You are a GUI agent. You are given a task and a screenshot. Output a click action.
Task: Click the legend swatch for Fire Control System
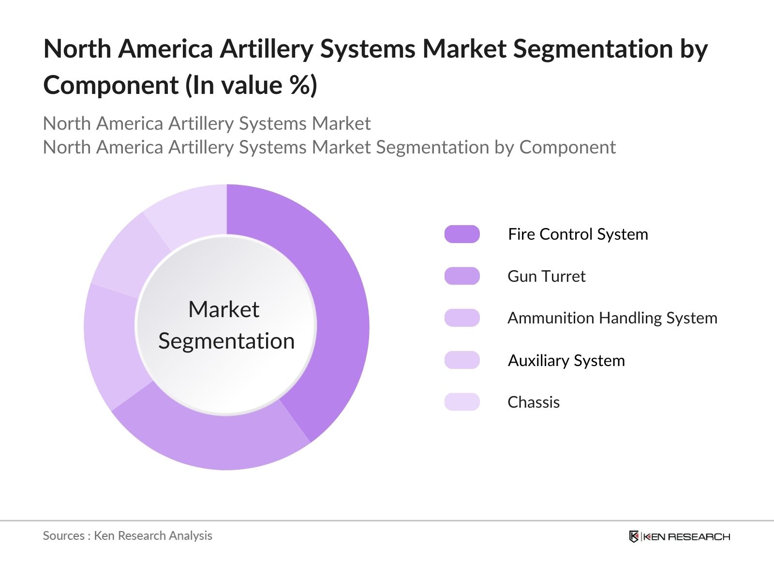click(x=462, y=234)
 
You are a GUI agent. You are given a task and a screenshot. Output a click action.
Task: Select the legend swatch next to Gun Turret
click(x=462, y=276)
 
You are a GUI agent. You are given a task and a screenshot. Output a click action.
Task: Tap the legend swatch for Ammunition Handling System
click(x=462, y=318)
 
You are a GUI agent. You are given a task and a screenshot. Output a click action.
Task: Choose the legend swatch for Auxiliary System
click(x=462, y=360)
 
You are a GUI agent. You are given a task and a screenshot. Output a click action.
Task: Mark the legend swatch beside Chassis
click(x=462, y=402)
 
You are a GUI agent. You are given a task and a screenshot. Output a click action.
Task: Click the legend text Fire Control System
click(x=578, y=234)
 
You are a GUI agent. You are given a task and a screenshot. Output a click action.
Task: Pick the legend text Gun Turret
click(x=546, y=276)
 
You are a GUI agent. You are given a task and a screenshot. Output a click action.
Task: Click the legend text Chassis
click(x=533, y=402)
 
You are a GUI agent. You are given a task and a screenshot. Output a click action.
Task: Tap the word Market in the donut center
click(x=223, y=309)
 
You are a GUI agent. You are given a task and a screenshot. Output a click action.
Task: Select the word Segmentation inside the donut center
click(x=226, y=341)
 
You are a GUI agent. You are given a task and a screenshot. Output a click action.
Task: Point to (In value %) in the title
click(x=251, y=86)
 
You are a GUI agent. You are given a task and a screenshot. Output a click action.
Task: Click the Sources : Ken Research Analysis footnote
click(x=128, y=535)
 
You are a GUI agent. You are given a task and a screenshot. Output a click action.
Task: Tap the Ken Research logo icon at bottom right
click(x=634, y=536)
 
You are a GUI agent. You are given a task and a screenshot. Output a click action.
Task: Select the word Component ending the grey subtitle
click(x=567, y=147)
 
